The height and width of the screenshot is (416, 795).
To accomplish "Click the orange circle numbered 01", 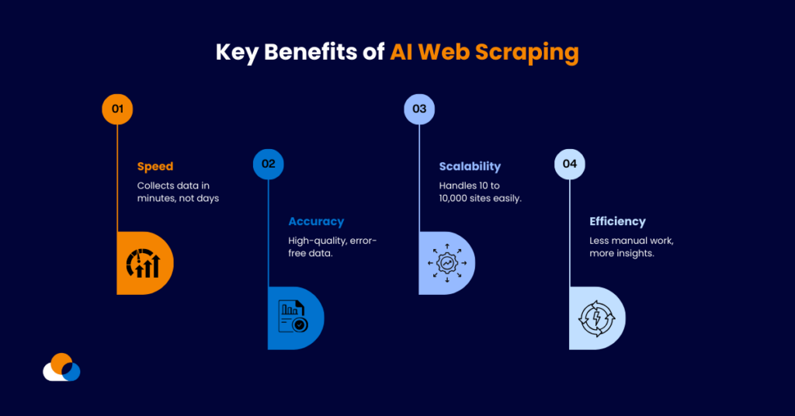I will [117, 109].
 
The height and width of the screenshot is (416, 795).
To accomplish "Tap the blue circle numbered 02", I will [269, 164].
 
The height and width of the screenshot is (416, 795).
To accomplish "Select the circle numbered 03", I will [419, 109].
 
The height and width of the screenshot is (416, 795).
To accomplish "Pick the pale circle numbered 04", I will [570, 164].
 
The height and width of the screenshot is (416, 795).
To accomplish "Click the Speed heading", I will [155, 166].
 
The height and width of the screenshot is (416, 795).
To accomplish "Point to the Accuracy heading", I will [316, 222].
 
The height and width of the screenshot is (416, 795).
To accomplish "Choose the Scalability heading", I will [470, 166].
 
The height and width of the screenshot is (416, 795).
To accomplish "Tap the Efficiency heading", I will [617, 222].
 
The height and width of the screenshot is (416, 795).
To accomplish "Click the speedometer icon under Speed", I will [143, 263].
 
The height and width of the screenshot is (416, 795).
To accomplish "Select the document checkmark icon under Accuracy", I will [293, 318].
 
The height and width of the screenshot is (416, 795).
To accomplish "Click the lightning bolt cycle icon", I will [595, 318].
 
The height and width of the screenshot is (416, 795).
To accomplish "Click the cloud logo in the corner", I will [61, 367].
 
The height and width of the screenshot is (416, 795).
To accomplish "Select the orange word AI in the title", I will [403, 53].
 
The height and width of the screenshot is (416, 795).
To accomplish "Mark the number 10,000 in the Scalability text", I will [457, 199].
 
